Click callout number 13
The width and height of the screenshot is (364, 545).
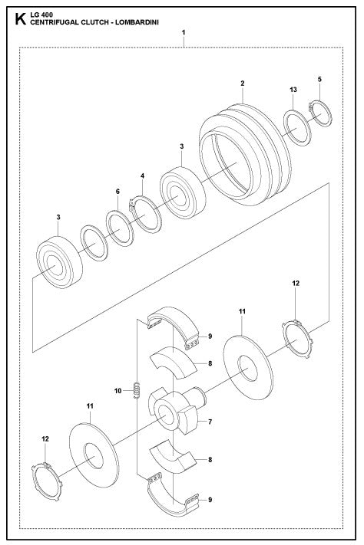pos(293,90)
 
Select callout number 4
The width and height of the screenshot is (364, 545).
pos(142,176)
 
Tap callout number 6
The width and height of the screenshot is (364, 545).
pos(117,192)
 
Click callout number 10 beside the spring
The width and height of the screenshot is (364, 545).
pos(119,392)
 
